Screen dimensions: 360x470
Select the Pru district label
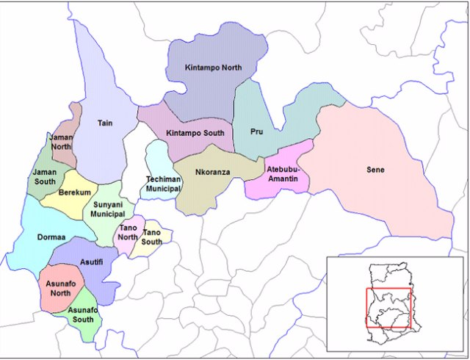pos(256,133)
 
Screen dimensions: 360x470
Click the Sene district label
pos(375,170)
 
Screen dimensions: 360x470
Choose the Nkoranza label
pos(214,174)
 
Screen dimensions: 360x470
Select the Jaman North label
pos(61,143)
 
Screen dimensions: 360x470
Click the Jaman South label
pos(45,177)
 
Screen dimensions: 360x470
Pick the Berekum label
pos(74,192)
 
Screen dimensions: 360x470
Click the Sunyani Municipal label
pos(108,208)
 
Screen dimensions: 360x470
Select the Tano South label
pos(152,237)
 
